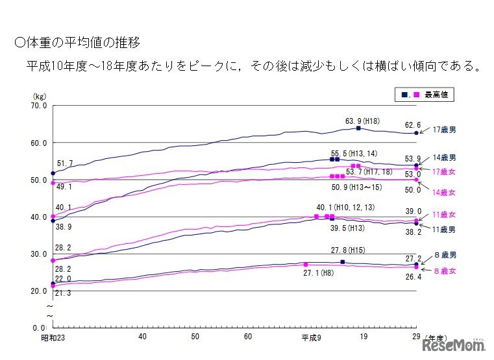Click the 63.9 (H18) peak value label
tap(361, 121)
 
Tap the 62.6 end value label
tap(413, 125)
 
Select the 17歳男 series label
tap(445, 130)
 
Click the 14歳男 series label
tap(445, 158)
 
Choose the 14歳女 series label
tap(445, 193)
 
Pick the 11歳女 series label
tap(445, 214)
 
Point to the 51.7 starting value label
tap(66, 163)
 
